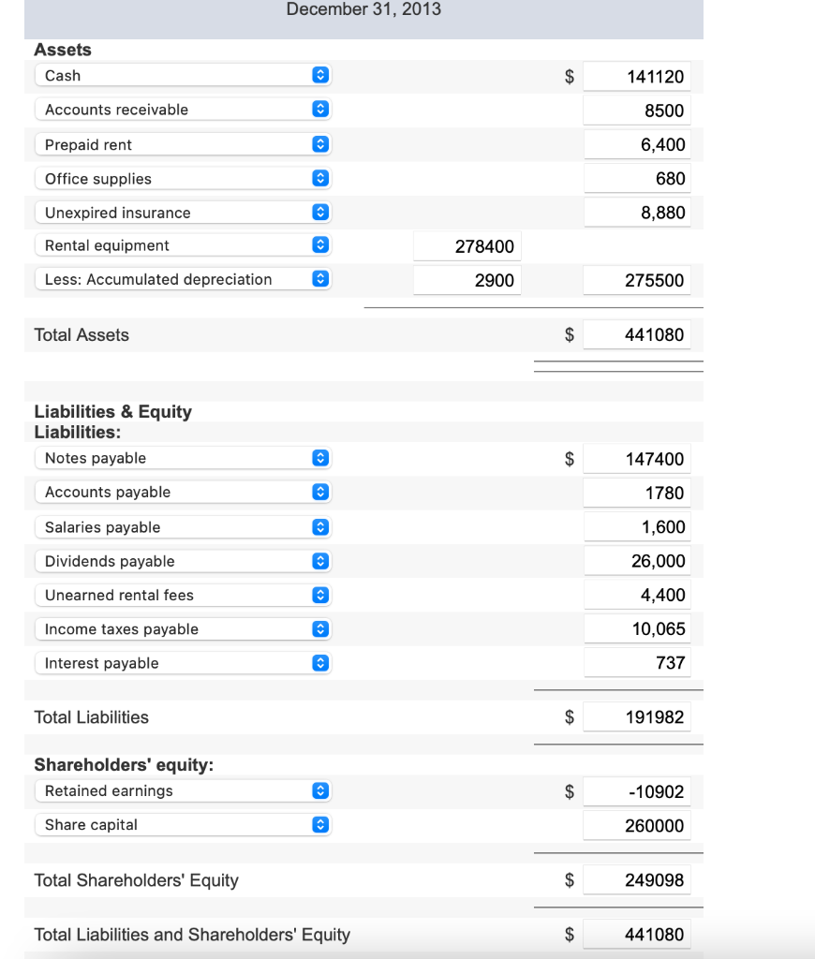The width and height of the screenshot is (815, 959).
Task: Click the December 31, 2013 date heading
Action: coord(363,9)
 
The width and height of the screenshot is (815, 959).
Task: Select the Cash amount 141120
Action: coord(637,77)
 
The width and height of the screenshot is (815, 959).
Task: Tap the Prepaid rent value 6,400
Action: coord(637,145)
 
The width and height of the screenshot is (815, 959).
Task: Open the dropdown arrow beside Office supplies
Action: coord(319,179)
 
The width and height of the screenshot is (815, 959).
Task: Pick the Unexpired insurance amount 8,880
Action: coord(637,213)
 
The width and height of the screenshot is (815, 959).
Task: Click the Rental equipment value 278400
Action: coord(467,246)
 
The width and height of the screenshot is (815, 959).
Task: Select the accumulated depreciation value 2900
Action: coord(467,280)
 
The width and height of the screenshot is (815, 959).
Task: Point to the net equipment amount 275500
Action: coord(637,280)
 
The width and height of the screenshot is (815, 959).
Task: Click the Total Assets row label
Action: coord(81,335)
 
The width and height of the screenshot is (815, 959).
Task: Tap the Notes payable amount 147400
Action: coord(637,459)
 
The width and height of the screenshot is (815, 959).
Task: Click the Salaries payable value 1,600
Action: coord(637,527)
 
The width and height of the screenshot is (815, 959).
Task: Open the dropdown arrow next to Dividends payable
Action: coord(319,562)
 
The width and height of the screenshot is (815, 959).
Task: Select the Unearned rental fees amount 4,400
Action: coord(637,596)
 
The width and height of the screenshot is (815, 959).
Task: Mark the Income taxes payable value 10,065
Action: coord(637,629)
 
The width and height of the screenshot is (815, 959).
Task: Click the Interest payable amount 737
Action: coord(637,663)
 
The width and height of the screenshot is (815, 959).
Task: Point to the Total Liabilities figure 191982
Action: coord(637,717)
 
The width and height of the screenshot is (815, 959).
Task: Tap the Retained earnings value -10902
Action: coord(637,792)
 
